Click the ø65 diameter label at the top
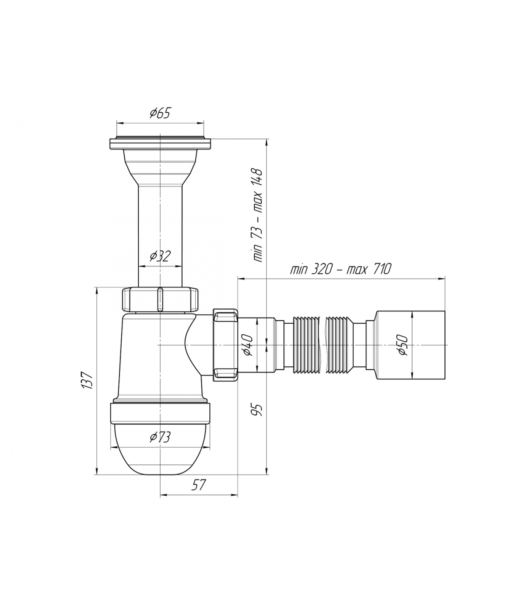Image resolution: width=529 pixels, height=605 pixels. [160, 113]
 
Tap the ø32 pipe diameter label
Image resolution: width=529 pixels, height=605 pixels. [160, 256]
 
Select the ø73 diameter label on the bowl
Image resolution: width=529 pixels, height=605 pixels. [160, 437]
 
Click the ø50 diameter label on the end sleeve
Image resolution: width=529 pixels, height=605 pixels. [403, 345]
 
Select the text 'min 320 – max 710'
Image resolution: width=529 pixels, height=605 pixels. [340, 269]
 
